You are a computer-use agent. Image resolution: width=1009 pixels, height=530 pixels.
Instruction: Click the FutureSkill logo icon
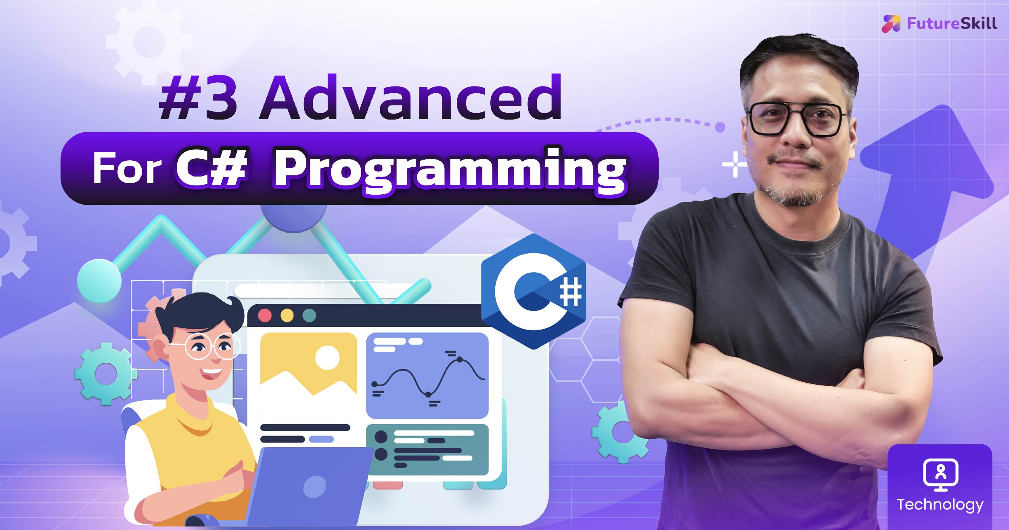coord(891,23)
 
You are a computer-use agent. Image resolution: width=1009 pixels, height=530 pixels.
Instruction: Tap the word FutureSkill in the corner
coord(952,23)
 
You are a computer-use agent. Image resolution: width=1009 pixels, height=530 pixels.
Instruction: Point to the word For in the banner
coord(127,168)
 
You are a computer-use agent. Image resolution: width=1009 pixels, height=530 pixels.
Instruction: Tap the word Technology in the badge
coord(940,505)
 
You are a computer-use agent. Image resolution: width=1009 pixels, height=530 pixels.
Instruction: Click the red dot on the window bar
coord(265,315)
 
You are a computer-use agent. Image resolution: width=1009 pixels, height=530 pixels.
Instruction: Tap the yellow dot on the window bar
coord(287,315)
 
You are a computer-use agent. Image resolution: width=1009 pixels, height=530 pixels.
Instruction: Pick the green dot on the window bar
coord(309,315)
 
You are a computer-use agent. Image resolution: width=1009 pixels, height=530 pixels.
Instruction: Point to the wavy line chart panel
coord(427,376)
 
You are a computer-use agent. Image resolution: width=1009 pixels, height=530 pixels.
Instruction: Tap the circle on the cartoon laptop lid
coord(314,486)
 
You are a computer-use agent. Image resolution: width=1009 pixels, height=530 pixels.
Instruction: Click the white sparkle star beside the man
coord(735,164)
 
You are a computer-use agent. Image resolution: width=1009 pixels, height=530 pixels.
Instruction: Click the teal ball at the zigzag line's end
coord(99,281)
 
